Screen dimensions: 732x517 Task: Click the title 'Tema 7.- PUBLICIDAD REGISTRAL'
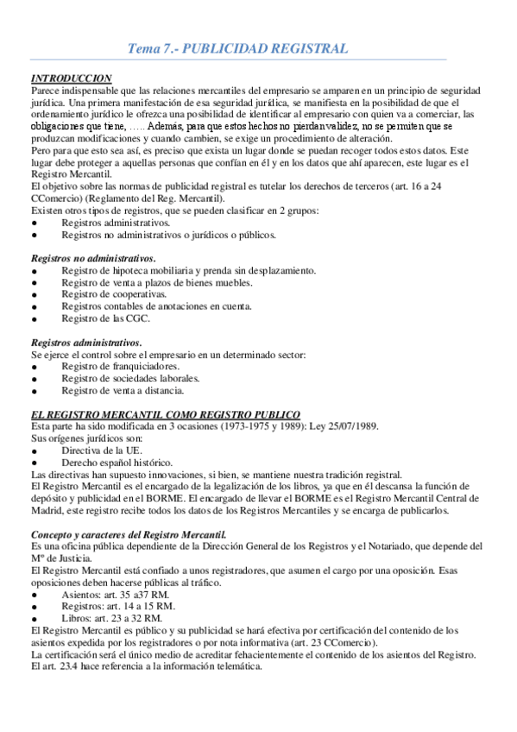[x=237, y=49]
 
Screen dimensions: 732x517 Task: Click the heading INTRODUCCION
[x=71, y=78]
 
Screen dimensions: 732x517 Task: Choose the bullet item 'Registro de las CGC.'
[x=105, y=319]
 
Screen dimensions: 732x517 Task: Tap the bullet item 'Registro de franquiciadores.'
[x=120, y=366]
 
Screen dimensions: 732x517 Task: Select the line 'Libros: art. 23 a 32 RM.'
[x=111, y=619]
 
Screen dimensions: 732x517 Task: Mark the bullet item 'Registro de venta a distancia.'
[x=123, y=390]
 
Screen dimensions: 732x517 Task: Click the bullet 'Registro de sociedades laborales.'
[x=130, y=378]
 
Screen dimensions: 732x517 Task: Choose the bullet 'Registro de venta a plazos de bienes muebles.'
[x=157, y=282]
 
